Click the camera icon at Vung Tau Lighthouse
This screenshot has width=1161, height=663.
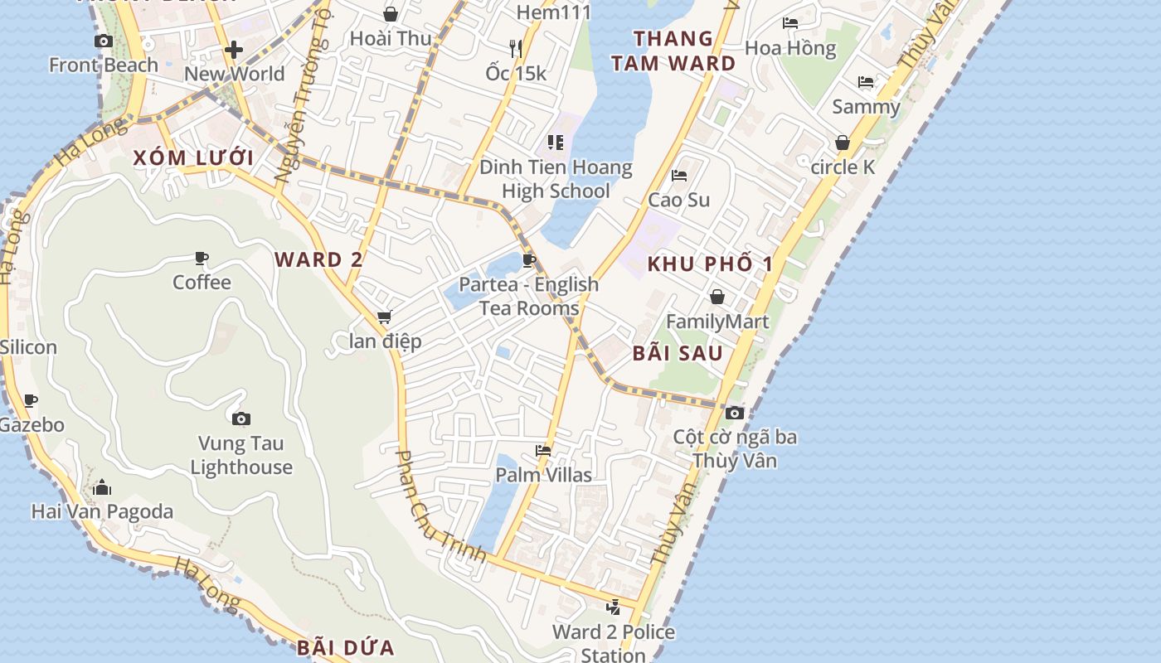click(240, 419)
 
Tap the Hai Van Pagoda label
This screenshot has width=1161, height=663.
click(102, 511)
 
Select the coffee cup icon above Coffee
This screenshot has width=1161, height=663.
click(202, 259)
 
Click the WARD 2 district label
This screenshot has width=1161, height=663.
click(318, 259)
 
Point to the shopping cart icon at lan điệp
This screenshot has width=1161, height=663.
click(384, 317)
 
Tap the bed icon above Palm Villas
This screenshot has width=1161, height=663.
click(543, 451)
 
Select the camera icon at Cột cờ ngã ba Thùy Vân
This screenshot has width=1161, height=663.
click(734, 413)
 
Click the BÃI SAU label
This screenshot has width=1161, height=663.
click(678, 353)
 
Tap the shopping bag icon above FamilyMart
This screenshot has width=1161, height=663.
click(717, 297)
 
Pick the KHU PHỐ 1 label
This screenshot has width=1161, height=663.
click(710, 264)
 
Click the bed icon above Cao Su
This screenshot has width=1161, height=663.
click(678, 176)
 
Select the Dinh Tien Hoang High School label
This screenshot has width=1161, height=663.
click(556, 179)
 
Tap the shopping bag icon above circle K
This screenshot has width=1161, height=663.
click(843, 143)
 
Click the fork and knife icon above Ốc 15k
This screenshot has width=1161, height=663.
click(516, 48)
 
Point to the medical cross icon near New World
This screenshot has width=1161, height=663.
click(234, 50)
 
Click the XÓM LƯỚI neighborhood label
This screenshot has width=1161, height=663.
click(192, 157)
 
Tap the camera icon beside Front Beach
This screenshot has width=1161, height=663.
click(104, 41)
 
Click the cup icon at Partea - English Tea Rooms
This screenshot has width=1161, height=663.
click(528, 261)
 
